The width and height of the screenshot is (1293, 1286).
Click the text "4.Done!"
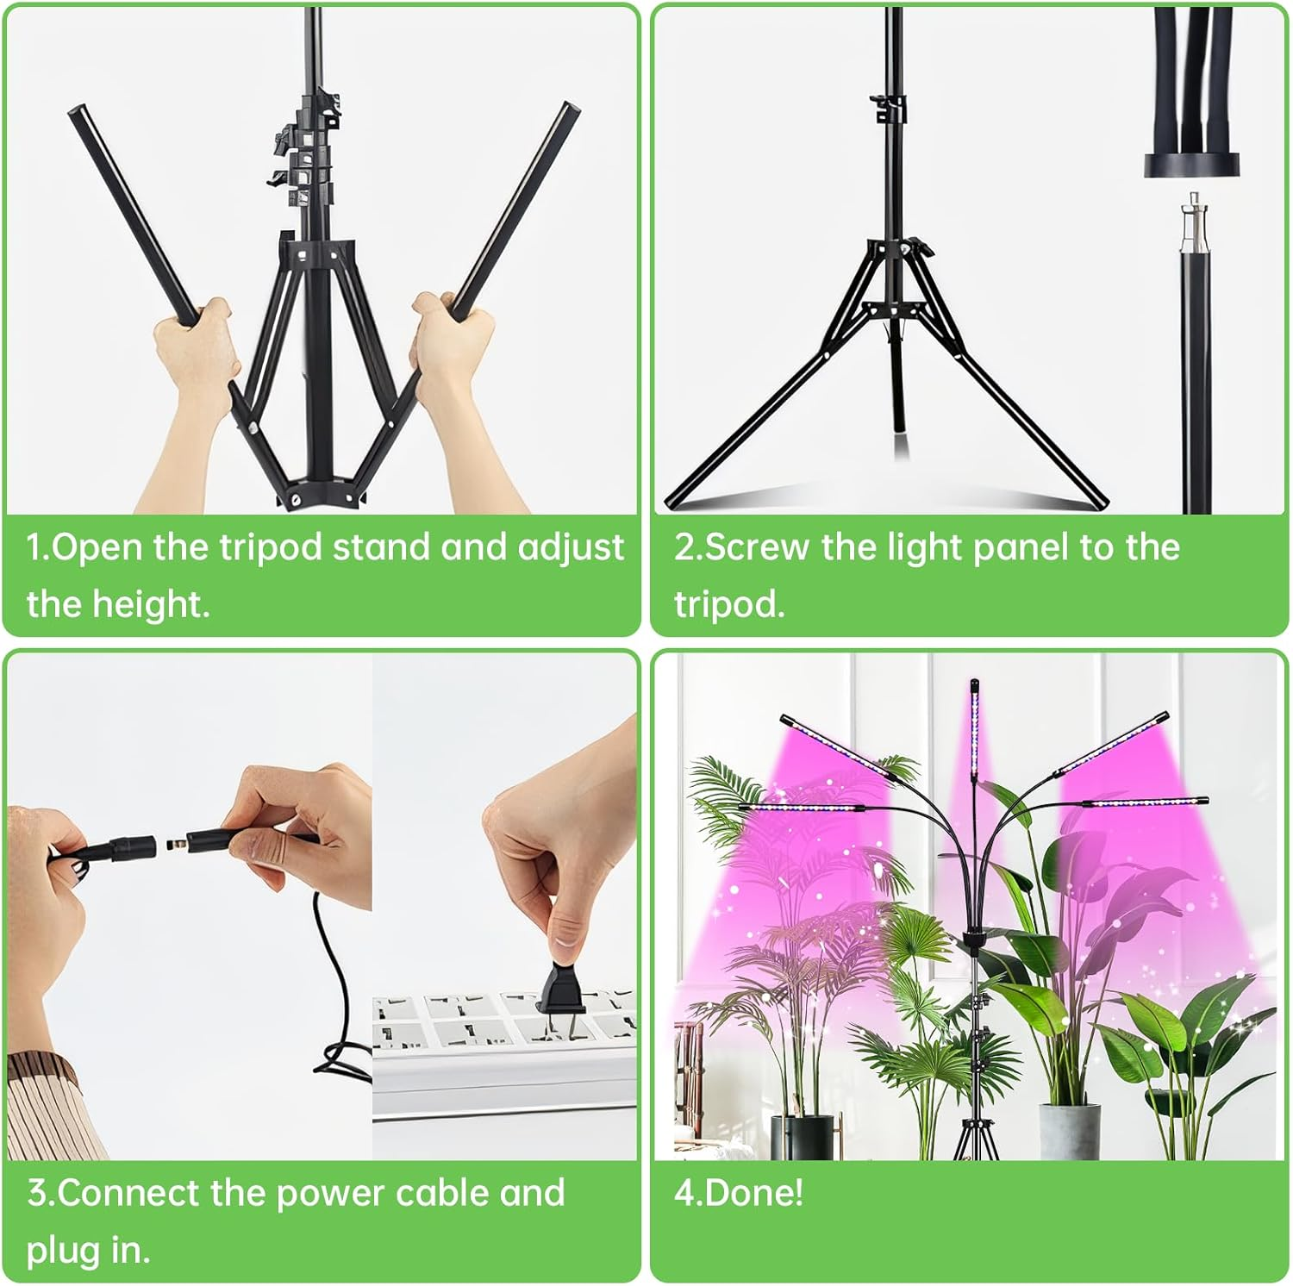739,1194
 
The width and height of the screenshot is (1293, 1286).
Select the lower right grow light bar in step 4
1146,802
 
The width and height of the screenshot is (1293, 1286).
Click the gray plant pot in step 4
1070,1130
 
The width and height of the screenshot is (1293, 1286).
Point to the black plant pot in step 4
802,1136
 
